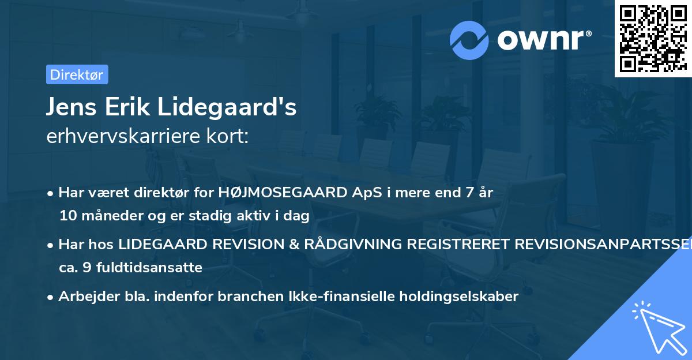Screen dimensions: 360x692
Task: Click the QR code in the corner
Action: [653, 38]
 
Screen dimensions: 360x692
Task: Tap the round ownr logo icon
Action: [469, 40]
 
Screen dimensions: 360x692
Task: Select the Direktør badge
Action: [77, 74]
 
